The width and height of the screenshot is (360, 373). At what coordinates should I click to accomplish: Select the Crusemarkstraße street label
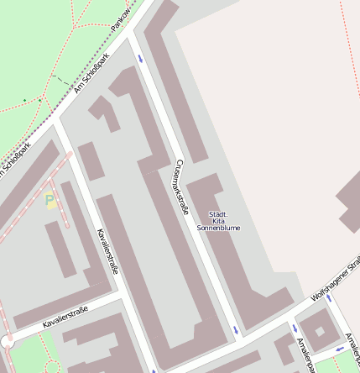point(181,186)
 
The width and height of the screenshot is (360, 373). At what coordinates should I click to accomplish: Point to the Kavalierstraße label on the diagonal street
point(107,250)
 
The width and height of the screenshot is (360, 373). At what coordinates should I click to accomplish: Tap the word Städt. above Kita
point(218,213)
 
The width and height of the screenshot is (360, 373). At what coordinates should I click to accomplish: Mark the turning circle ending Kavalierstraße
point(8,341)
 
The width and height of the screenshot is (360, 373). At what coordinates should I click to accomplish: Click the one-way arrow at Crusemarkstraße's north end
point(140,59)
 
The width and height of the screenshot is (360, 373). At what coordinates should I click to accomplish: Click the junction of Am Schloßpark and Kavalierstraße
point(55,122)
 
